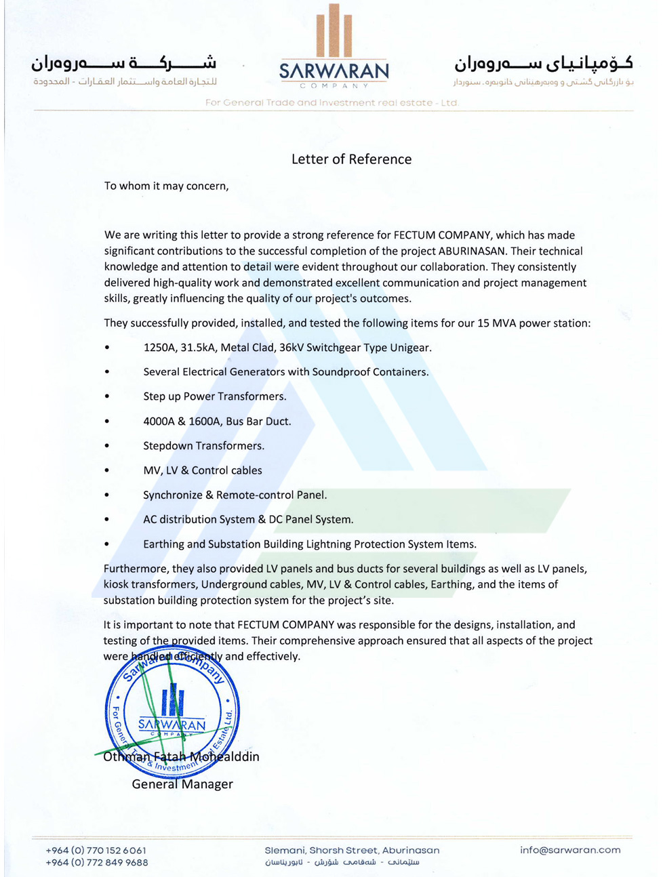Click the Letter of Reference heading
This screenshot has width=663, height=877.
(x=351, y=159)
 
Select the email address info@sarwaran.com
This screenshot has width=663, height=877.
(x=570, y=850)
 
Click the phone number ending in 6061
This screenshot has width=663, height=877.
(x=96, y=851)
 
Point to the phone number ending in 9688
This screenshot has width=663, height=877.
(x=96, y=863)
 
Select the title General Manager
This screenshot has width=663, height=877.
(x=182, y=784)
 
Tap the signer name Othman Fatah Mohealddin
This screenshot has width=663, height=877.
(x=181, y=756)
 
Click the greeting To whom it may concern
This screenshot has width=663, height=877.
(x=166, y=186)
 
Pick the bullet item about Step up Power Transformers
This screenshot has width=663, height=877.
(x=214, y=396)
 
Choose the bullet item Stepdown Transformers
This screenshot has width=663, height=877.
(x=203, y=446)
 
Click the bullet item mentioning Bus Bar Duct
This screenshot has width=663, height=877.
(x=217, y=422)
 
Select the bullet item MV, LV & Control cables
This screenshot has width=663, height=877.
(x=202, y=470)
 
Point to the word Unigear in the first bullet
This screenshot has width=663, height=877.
(x=409, y=348)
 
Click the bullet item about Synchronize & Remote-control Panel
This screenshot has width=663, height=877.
(x=235, y=495)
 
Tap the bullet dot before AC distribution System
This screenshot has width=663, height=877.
(x=107, y=521)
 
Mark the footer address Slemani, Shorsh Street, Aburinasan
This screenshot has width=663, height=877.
(x=352, y=850)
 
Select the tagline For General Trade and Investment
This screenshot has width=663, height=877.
(x=332, y=103)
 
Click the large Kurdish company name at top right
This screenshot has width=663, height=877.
(x=544, y=64)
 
